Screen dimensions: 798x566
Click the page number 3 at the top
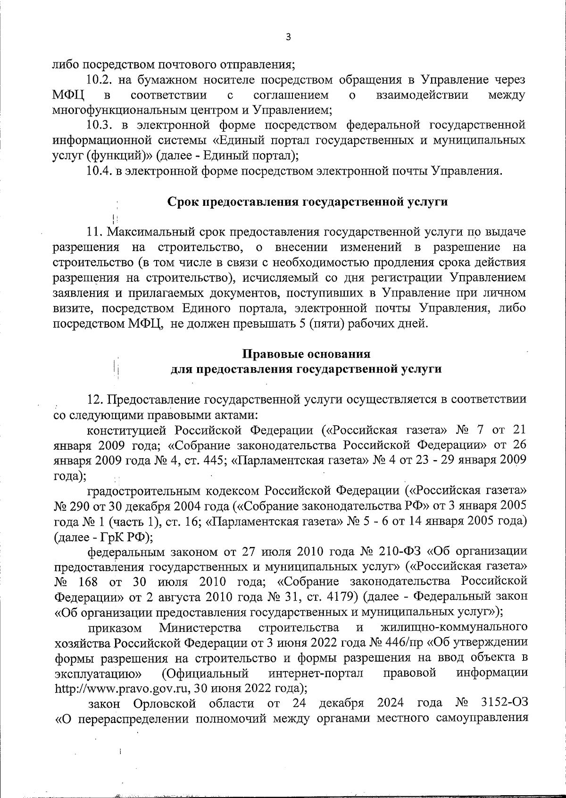click(288, 37)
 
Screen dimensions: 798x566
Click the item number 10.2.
click(99, 80)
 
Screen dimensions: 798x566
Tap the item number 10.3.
click(99, 125)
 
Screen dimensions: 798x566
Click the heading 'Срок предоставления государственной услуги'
click(308, 202)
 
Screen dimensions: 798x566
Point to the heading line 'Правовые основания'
click(306, 354)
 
